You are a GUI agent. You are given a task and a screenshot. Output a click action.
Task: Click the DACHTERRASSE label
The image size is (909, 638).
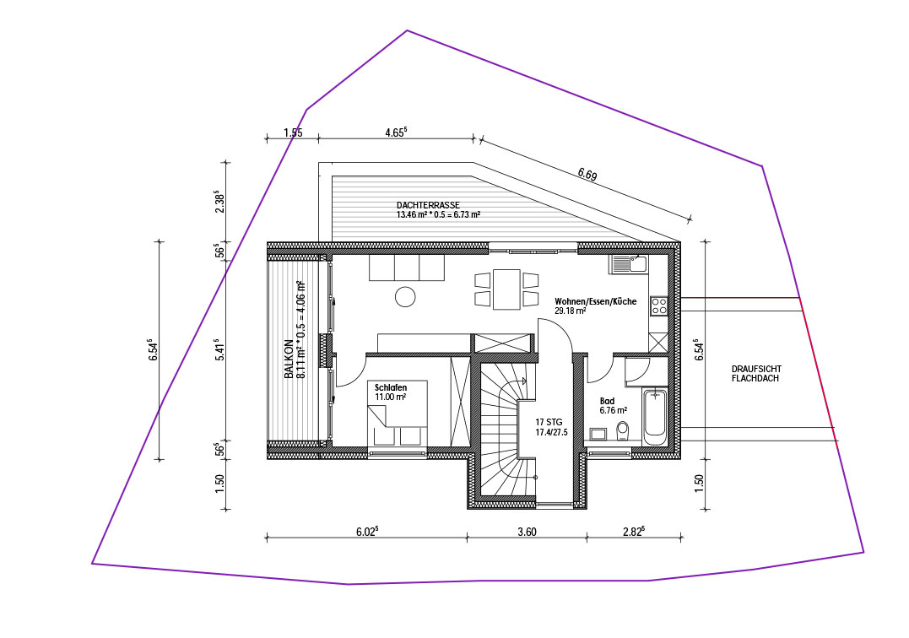tap(429, 205)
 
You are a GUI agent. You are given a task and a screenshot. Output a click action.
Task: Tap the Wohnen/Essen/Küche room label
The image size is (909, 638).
tap(595, 301)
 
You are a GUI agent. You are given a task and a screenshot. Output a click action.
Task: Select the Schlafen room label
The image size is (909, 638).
tap(391, 387)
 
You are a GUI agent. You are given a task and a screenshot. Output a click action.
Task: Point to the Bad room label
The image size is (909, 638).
tap(607, 401)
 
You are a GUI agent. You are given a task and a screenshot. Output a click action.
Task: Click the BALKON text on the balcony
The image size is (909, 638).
tap(288, 359)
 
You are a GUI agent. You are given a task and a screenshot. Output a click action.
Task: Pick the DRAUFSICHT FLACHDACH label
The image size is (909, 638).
tap(756, 373)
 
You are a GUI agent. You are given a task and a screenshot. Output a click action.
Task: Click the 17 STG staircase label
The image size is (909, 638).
tap(549, 423)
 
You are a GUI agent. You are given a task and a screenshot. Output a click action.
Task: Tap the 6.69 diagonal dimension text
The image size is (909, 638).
tap(587, 174)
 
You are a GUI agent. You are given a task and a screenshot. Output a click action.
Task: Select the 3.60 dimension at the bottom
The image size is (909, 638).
tap(527, 532)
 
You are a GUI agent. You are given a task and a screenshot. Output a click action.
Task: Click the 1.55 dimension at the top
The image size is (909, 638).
tap(293, 132)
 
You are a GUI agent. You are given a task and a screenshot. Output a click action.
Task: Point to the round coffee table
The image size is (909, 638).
tap(405, 297)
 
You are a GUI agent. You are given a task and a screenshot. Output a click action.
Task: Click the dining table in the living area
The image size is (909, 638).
tap(506, 289)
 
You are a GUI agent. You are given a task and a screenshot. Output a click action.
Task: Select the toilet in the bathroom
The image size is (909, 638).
tap(623, 431)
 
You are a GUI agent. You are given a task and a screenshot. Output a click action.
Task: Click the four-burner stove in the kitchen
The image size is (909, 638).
tap(658, 305)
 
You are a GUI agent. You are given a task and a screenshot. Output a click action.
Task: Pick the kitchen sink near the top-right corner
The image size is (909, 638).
tap(628, 264)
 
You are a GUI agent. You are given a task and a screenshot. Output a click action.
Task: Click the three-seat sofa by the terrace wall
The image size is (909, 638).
tap(407, 268)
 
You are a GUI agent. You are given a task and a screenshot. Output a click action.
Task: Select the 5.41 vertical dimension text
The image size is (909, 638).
tap(219, 350)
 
